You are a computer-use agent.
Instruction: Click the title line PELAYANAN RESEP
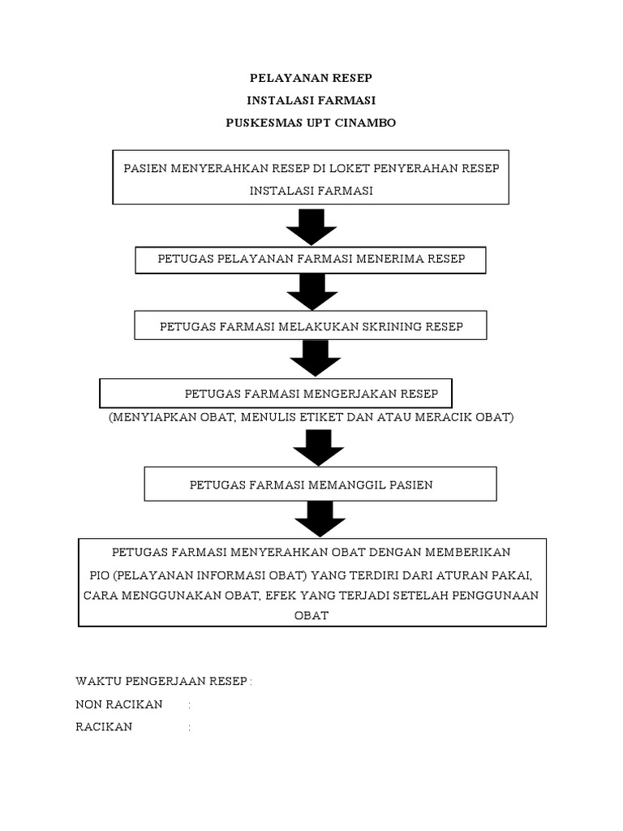click(x=311, y=79)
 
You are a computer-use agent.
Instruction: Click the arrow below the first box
click(x=311, y=226)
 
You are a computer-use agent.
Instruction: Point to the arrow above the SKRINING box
click(x=311, y=291)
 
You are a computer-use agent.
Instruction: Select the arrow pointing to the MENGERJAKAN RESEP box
click(x=311, y=358)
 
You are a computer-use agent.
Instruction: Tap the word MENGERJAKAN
click(x=349, y=394)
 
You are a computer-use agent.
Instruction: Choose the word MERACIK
click(x=449, y=417)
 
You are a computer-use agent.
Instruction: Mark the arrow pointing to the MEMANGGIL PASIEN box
click(x=312, y=447)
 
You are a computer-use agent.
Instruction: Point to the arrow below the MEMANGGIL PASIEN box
click(x=312, y=519)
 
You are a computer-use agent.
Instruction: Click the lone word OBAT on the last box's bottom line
click(x=311, y=615)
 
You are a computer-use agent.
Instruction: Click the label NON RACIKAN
click(x=118, y=704)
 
